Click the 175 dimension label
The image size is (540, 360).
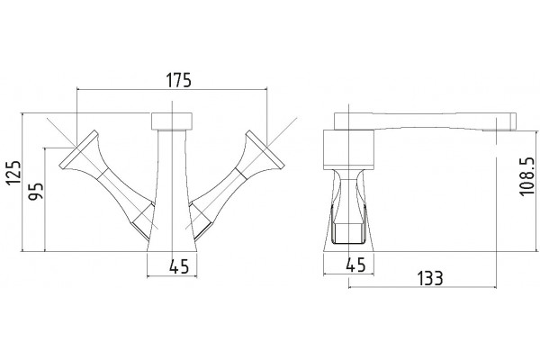pyautogui.click(x=178, y=80)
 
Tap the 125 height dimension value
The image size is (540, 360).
pyautogui.click(x=14, y=173)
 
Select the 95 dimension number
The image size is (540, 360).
pyautogui.click(x=36, y=191)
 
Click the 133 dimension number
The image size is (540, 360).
pyautogui.click(x=430, y=278)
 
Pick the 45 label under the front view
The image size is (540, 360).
pyautogui.click(x=179, y=266)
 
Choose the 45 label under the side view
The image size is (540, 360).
pyautogui.click(x=355, y=265)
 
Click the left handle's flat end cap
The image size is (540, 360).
pyautogui.click(x=77, y=149)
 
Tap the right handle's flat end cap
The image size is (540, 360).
pyautogui.click(x=265, y=149)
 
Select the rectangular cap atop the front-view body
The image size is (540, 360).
pyautogui.click(x=172, y=121)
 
